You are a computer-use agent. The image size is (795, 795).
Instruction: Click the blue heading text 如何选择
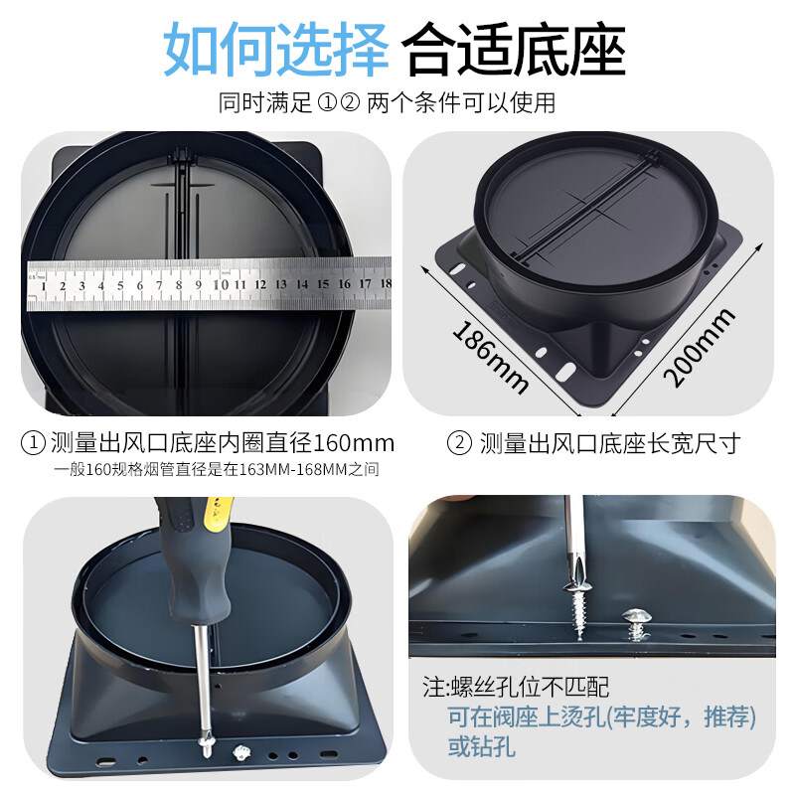click(275, 49)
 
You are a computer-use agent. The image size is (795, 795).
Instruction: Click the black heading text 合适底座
click(514, 49)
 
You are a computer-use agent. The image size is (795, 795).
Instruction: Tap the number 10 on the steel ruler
click(221, 284)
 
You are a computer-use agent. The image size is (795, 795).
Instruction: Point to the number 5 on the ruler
click(120, 285)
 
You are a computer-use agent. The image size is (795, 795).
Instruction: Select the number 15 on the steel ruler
click(323, 284)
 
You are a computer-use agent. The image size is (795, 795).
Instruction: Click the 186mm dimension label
click(490, 358)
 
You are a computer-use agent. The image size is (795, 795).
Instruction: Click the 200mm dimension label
click(699, 347)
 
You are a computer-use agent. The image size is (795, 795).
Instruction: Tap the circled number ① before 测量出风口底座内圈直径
click(33, 443)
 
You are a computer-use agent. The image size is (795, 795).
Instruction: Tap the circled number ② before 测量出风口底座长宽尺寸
click(459, 443)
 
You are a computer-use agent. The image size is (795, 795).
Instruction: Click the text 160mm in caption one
click(354, 443)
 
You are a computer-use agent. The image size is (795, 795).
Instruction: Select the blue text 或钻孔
click(482, 746)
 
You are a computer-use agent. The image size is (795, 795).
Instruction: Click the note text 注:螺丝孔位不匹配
click(516, 688)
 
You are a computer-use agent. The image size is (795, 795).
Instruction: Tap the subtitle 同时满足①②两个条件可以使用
click(387, 103)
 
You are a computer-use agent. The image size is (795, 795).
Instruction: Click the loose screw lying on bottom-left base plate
click(242, 752)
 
